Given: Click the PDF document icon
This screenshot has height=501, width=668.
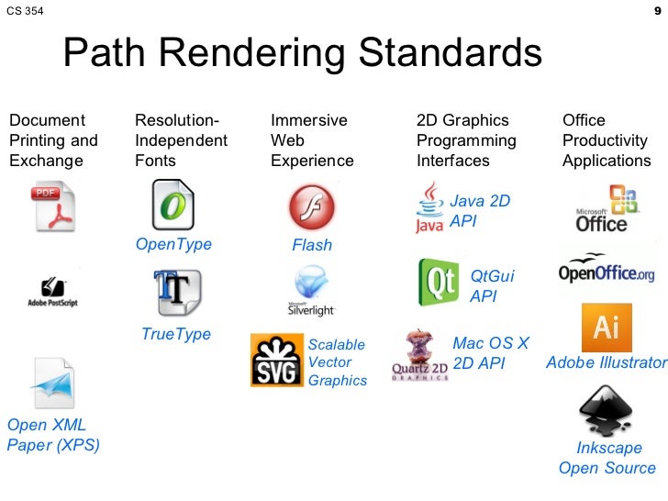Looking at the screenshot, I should (54, 206).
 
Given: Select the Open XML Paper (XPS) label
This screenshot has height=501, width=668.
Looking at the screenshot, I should (52, 435).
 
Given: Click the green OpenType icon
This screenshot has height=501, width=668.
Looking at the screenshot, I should (173, 205).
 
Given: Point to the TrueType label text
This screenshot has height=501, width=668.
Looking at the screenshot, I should (176, 334).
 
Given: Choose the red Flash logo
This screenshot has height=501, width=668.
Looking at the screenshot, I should (312, 206).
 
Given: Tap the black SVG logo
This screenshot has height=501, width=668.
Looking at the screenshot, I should (275, 361).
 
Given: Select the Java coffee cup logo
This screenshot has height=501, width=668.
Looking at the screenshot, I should (429, 206).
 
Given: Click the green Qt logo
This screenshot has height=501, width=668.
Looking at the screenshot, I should (439, 282).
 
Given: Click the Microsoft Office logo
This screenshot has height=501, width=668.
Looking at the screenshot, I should (603, 208).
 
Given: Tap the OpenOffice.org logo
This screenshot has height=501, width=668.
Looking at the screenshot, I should (607, 268).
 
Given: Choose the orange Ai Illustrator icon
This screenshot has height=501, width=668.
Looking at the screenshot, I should (606, 327).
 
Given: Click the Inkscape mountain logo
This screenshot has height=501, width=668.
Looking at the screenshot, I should (605, 409).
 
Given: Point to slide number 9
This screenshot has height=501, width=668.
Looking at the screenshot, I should (656, 12).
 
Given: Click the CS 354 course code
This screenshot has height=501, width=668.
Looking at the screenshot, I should (24, 12).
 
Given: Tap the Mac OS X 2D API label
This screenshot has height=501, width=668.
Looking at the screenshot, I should (491, 353).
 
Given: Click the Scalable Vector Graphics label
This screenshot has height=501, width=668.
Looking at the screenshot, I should (337, 362).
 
